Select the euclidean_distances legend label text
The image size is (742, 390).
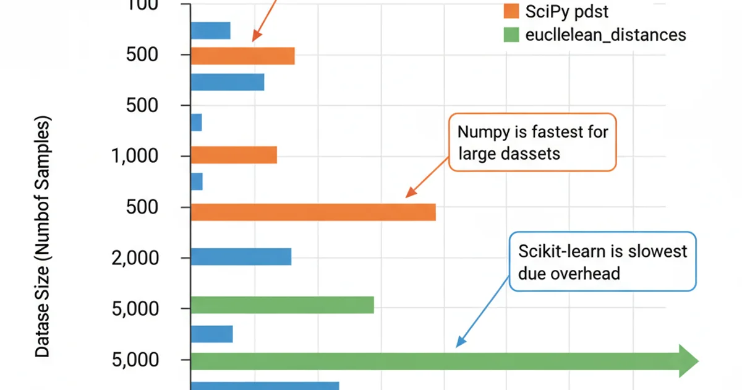[x=605, y=35]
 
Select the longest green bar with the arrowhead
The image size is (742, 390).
[x=433, y=361]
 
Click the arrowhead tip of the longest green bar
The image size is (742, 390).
[x=697, y=361]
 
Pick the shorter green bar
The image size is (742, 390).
[x=282, y=305]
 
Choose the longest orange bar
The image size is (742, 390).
[x=313, y=212]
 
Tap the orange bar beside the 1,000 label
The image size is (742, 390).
[x=234, y=155]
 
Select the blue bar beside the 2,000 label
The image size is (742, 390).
[x=241, y=256]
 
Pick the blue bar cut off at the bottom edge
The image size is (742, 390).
[x=265, y=386]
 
